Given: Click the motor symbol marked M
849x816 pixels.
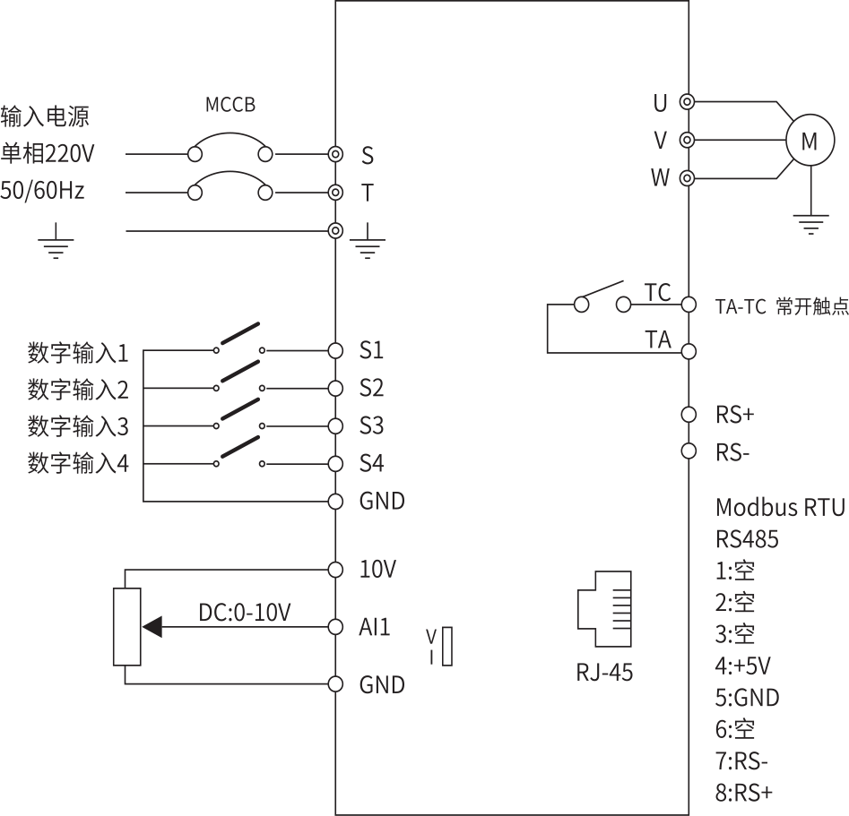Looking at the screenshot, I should click(809, 141).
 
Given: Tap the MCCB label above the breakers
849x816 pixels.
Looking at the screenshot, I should click(230, 106).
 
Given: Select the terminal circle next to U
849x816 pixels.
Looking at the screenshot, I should click(688, 102).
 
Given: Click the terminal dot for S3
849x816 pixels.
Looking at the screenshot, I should click(336, 425).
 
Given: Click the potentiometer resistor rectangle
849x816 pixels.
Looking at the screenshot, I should click(127, 626).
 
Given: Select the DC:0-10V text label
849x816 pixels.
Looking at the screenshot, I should click(245, 613).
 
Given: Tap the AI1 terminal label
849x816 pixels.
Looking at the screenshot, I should click(375, 627).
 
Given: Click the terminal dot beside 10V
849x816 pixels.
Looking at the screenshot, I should click(336, 569).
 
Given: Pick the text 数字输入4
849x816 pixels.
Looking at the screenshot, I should click(78, 464).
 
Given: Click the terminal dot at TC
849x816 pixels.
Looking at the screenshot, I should click(689, 305).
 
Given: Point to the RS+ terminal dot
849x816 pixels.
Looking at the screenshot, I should click(689, 414).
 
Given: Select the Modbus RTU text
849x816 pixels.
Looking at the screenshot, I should click(780, 508).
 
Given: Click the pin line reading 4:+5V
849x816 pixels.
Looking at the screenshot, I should click(743, 666).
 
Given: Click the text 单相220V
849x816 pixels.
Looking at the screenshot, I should click(48, 154).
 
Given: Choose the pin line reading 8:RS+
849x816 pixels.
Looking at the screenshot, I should click(744, 793).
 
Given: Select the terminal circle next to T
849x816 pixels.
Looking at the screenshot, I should click(336, 193).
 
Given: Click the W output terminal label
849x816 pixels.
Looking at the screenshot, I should click(660, 178).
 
